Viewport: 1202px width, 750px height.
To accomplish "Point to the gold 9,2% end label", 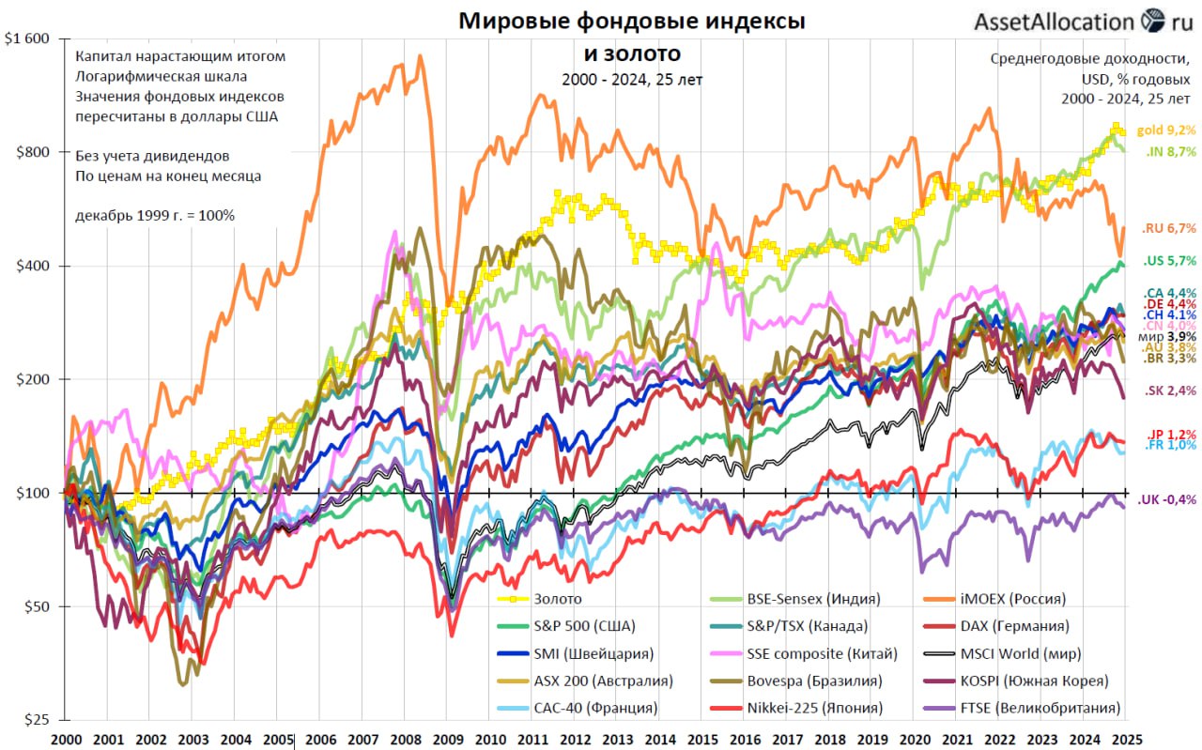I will [1166, 130].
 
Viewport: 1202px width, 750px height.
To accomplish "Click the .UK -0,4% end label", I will [1167, 500].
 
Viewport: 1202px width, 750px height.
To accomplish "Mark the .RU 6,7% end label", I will [1169, 228].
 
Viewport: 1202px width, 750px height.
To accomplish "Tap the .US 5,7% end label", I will [1169, 260].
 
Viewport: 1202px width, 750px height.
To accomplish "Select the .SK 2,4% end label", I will [1169, 390].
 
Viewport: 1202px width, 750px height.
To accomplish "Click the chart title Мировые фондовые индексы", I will [631, 21].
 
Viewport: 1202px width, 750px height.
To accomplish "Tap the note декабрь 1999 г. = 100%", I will [155, 215].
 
